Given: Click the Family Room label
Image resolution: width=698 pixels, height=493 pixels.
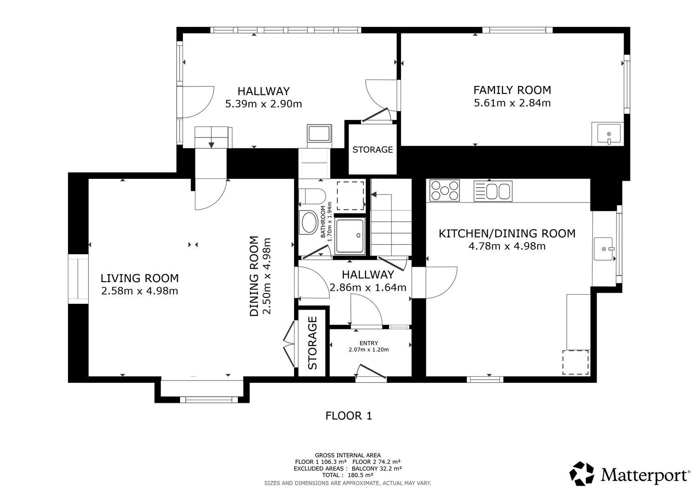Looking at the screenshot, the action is pos(512,90).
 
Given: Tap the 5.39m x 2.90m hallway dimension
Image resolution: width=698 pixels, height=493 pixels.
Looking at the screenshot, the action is pos(264,104).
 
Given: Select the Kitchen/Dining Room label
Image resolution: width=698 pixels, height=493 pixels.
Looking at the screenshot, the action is pos(507,234).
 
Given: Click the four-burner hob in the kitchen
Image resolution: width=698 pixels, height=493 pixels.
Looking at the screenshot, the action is pos(444,191).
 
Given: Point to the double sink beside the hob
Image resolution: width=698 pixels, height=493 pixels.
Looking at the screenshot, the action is pos(493,191).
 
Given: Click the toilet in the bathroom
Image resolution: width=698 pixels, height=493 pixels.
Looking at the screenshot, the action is pos(312,197).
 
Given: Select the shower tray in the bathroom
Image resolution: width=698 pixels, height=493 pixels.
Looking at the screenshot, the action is pos(350,237).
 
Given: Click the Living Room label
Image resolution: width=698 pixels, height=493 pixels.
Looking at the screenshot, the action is pos(140,278).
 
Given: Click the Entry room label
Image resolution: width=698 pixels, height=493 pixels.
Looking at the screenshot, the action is pos(369,343).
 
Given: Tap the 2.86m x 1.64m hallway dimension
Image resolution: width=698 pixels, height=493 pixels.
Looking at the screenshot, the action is pos(368,288).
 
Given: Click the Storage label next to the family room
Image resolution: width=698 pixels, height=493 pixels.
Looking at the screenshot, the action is pos(372,150).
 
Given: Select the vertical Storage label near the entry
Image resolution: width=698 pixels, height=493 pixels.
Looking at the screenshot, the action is pos(312,343).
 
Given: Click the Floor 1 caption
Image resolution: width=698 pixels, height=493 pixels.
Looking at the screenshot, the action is pos(349,416).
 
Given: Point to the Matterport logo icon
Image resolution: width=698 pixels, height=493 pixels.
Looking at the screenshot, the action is pos(582,473).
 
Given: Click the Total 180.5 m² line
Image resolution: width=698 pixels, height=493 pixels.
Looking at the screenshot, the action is pos(348,475).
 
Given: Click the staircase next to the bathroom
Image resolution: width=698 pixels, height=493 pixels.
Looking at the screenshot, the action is pos(391,217).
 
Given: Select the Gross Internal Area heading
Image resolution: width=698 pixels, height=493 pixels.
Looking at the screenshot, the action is pos(348,455).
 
